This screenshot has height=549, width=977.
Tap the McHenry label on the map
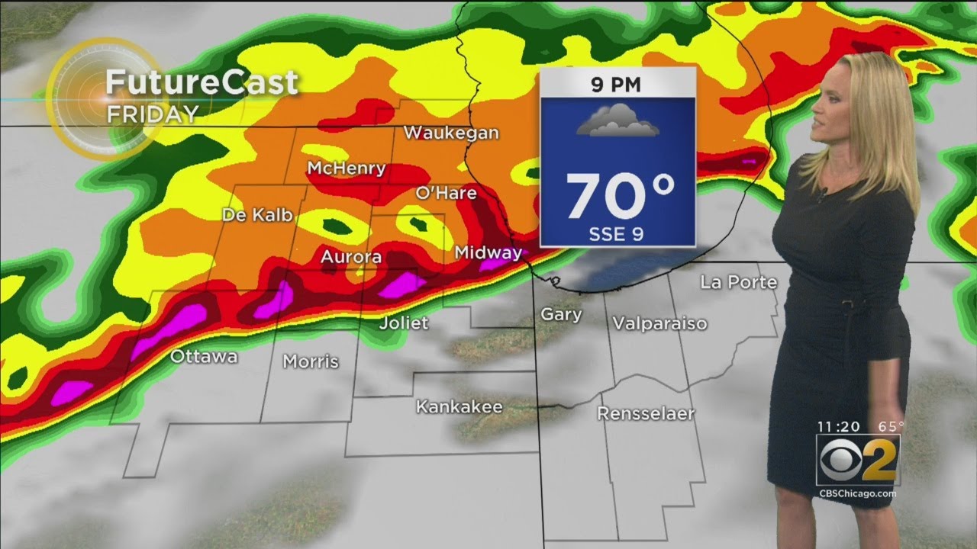346,168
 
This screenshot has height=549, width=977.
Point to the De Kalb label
257,215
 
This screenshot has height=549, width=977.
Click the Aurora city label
350,257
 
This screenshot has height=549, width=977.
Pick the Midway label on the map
488,252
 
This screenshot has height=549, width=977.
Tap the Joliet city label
404,323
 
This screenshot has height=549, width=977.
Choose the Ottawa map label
204,356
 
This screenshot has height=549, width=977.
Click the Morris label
311,361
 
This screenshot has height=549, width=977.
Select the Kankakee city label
459,407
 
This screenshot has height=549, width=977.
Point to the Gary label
561,314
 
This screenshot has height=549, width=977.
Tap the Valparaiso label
659,323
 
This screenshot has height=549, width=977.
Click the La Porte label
738,283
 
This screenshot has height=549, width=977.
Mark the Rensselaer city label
646,414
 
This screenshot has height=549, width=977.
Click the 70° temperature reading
620,196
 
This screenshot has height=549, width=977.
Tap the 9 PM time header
617,85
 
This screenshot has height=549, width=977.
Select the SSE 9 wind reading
617,234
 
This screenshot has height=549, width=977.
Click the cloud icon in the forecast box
617,121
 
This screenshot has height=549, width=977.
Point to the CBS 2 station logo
858,461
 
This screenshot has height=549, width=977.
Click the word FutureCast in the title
202,82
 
